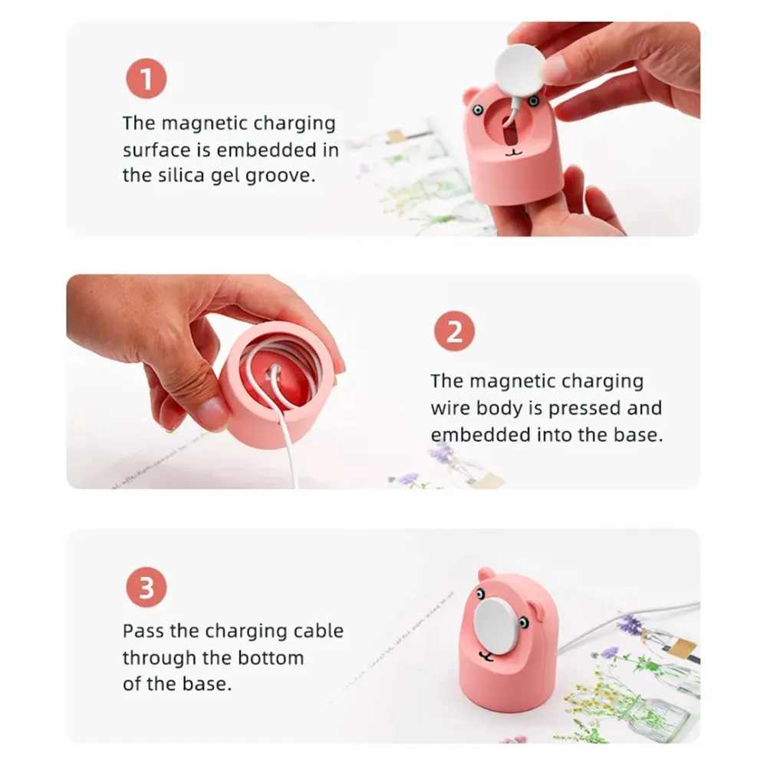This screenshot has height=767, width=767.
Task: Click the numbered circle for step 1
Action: tap(146, 78)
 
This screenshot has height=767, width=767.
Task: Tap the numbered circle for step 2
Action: tap(454, 331)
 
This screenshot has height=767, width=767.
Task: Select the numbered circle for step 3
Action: tap(146, 587)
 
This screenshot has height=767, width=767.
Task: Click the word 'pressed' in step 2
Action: tap(586, 409)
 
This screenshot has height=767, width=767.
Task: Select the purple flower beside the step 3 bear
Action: tap(629, 624)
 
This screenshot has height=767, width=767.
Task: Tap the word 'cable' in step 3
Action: tap(318, 631)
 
